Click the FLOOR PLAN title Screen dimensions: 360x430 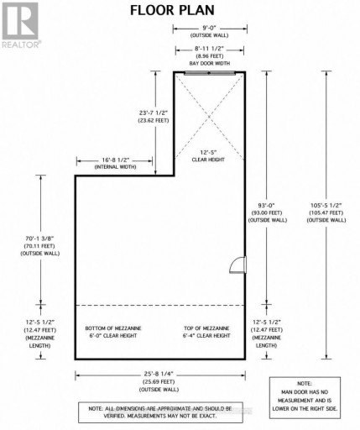[x=172, y=11]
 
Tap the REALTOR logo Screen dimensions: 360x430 [x=21, y=25]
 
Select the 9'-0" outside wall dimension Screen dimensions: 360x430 [x=210, y=28]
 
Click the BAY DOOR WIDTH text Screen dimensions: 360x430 [x=210, y=64]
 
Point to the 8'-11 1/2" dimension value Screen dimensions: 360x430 [x=209, y=49]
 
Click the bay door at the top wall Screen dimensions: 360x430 [x=210, y=74]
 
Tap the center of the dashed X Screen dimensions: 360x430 [x=209, y=117]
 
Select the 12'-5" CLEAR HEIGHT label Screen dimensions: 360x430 [x=208, y=156]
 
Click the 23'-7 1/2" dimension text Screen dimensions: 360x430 [x=154, y=113]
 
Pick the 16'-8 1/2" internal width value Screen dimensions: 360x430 [x=116, y=160]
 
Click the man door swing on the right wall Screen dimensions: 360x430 [x=237, y=265]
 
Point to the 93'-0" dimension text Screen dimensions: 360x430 [x=267, y=205]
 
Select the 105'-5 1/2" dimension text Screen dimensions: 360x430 [x=326, y=205]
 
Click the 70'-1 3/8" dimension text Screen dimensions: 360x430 [x=39, y=239]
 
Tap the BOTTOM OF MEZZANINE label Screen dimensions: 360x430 [x=113, y=328]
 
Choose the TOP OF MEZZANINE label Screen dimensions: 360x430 [x=206, y=328]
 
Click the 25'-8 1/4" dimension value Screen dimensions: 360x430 [x=159, y=374]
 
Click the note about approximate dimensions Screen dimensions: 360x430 [x=160, y=412]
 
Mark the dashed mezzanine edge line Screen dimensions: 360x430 [x=160, y=305]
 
